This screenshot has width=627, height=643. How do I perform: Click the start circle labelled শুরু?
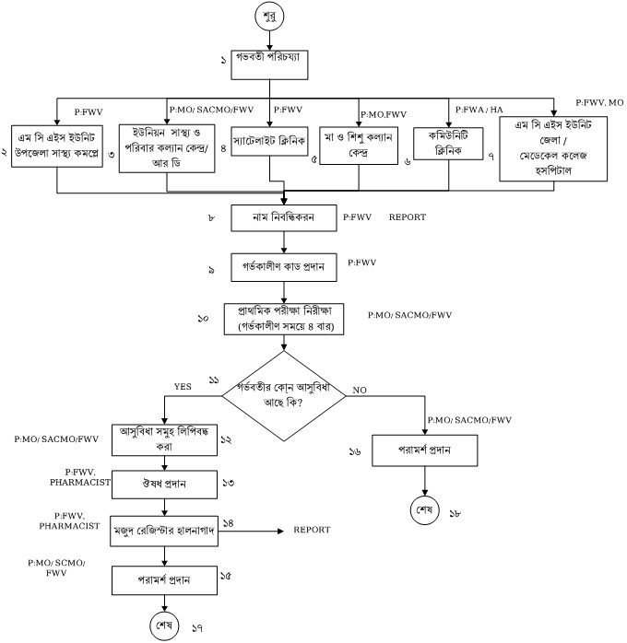[x=270, y=18]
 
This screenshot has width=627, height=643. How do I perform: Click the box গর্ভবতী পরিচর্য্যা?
[x=270, y=64]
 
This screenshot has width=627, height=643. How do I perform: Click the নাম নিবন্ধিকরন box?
[x=283, y=217]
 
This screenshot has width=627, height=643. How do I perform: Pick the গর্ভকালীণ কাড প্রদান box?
[x=283, y=265]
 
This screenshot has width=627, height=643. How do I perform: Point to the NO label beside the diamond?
[x=361, y=390]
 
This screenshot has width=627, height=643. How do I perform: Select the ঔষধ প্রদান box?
[x=165, y=484]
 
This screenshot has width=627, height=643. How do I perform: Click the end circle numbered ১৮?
[x=425, y=509]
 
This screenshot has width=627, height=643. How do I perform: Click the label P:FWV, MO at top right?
[x=598, y=101]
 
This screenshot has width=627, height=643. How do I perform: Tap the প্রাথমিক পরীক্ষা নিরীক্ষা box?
[x=283, y=318]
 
